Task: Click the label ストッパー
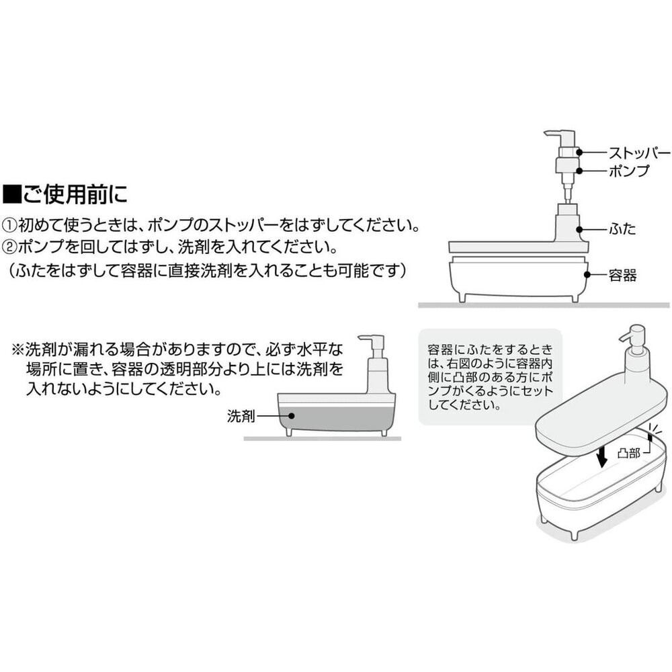click(x=639, y=152)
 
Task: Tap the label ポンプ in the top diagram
click(x=629, y=171)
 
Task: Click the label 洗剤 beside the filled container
click(x=241, y=417)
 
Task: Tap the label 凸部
click(x=628, y=454)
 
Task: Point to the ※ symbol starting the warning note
click(x=17, y=350)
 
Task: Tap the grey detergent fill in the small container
click(x=336, y=419)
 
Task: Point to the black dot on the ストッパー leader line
click(x=579, y=152)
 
